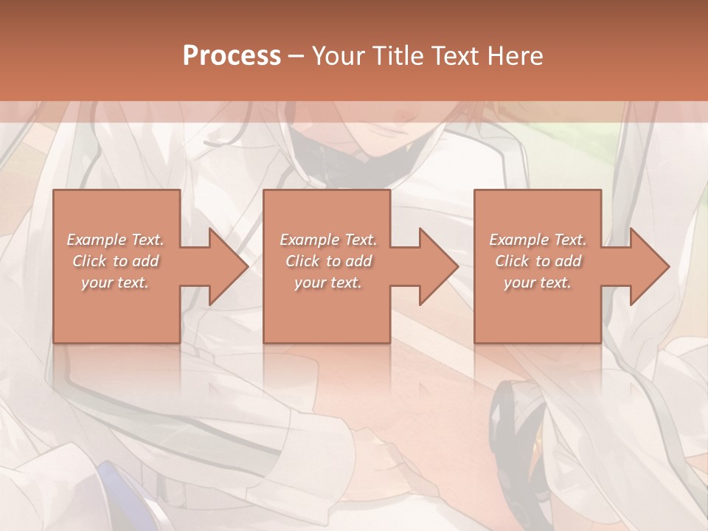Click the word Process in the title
(x=232, y=56)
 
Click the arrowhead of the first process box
(x=221, y=266)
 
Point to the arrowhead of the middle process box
(x=432, y=266)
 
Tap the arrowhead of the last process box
(x=643, y=266)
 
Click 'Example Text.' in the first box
(x=116, y=240)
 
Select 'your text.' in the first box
(x=116, y=282)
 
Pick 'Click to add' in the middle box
(x=328, y=261)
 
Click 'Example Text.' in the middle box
(x=328, y=240)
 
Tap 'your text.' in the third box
(x=538, y=282)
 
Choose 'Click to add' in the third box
(x=538, y=261)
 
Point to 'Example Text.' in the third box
(x=538, y=240)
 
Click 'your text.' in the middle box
(x=328, y=282)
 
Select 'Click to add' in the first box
(x=116, y=261)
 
